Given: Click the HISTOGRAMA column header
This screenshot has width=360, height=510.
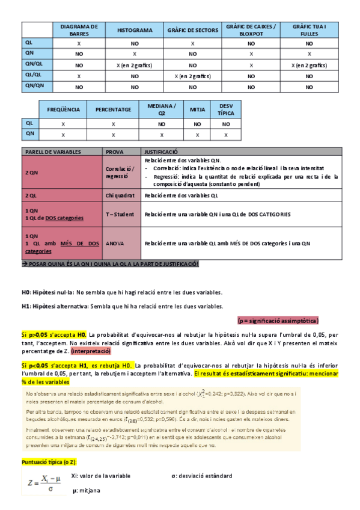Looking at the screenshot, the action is [x=135, y=30].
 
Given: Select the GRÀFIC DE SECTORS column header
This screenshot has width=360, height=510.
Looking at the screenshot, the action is [x=192, y=30].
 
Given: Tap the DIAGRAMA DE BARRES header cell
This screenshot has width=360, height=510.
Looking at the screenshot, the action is [x=79, y=30].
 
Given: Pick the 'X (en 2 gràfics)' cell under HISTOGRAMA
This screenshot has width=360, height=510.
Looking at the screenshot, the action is [x=135, y=65].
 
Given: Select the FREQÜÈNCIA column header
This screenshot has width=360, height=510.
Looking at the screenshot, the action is [x=64, y=109].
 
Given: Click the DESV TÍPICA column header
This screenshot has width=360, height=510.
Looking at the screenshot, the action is [x=226, y=109].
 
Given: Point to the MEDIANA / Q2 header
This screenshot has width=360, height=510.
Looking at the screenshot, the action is [x=162, y=109].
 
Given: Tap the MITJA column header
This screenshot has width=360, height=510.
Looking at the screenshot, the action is [x=197, y=109].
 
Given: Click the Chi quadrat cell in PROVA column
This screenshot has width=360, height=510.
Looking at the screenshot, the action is [x=121, y=195].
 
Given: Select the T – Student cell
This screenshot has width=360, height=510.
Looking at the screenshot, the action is [x=120, y=215].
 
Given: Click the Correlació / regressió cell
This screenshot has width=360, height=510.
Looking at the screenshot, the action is [x=120, y=173].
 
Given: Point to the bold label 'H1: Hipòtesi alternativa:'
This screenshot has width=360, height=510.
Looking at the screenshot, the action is [x=55, y=306].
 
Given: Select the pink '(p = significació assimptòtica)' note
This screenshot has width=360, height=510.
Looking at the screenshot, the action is [x=278, y=320].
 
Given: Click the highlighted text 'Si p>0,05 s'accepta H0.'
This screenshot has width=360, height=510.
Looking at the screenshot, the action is [x=54, y=334].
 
